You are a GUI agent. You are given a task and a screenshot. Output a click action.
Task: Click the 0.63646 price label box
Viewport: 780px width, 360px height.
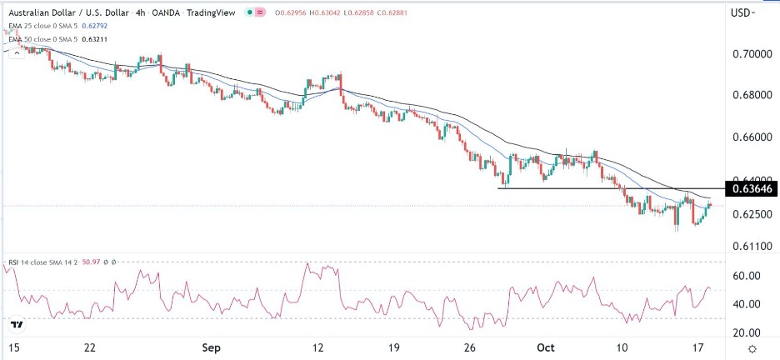point(752,189)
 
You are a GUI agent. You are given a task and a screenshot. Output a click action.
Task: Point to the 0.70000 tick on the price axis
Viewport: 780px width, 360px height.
point(752,53)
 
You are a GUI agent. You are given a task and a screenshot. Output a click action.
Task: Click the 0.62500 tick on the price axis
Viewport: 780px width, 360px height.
point(752,214)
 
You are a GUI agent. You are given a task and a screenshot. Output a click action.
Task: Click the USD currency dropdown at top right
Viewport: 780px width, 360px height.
point(742,12)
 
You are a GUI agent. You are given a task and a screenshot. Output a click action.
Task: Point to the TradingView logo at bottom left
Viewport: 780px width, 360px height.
point(17,323)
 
